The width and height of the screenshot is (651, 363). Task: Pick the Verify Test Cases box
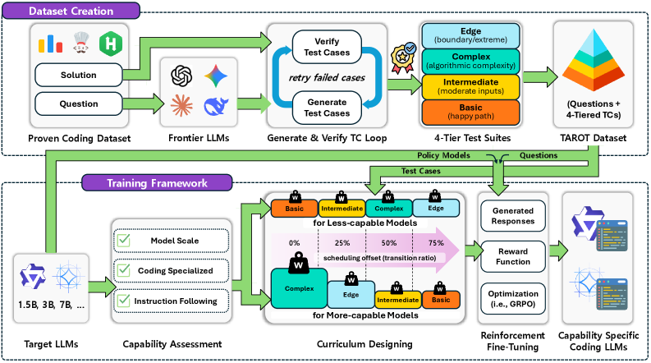pos(326,47)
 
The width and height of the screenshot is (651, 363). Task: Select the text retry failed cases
pos(326,78)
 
